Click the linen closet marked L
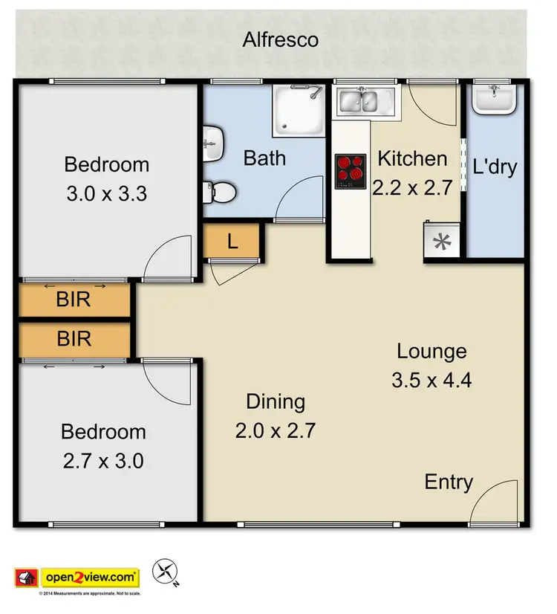point(232,241)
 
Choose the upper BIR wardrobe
point(74,300)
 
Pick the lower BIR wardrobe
point(74,339)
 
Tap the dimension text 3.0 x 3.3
point(106,195)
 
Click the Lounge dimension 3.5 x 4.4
point(431,381)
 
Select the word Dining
point(276,402)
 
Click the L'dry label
point(494,167)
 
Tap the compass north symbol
point(164,572)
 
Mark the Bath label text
point(264,158)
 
